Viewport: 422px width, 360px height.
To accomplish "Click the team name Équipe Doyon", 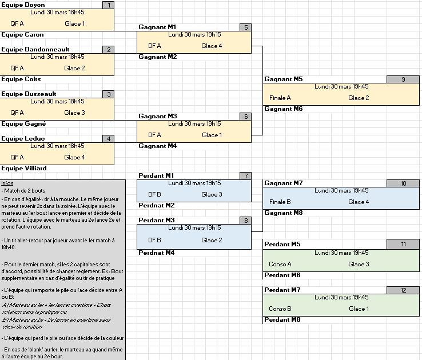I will pos(23,5).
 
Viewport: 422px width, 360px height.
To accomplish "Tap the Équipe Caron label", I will pos(23,35).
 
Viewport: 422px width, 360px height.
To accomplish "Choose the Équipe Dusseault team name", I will pos(29,94).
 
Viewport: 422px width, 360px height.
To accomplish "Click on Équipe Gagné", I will pos(24,123).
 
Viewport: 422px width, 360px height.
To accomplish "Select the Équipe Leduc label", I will pos(23,138).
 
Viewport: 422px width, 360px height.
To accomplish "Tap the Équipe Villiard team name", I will pos(24,169).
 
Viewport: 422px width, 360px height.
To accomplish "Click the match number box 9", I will pos(404,79).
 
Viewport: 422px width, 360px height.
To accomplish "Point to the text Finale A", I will pos(280,98).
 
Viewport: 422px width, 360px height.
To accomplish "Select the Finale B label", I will pos(280,202).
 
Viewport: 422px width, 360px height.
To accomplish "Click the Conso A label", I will pos(280,264).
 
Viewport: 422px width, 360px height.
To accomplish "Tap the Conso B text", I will pos(280,309).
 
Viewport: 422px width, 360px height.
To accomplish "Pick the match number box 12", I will pos(404,290).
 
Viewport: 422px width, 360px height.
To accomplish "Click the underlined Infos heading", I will pos(7,183).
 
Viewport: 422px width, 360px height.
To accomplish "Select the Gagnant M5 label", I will pos(284,79).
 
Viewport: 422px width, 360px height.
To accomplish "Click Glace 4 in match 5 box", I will pos(212,46).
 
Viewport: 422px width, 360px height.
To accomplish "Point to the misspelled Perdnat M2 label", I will pos(157,205).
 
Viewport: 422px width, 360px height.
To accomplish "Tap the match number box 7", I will pos(246,175).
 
